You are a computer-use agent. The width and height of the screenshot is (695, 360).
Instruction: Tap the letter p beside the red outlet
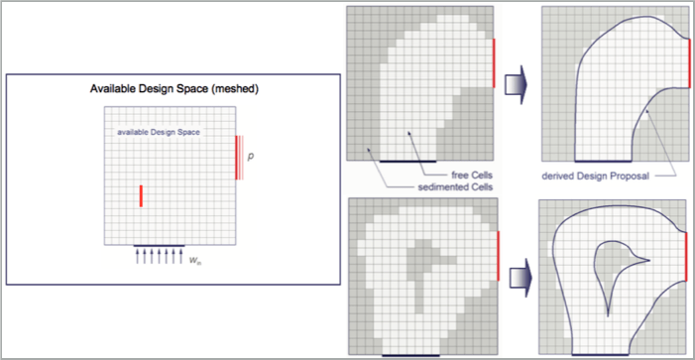(x=251, y=156)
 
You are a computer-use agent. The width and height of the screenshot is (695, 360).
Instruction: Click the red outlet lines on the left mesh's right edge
(x=238, y=157)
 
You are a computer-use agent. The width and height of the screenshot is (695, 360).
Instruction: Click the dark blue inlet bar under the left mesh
(x=158, y=245)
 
